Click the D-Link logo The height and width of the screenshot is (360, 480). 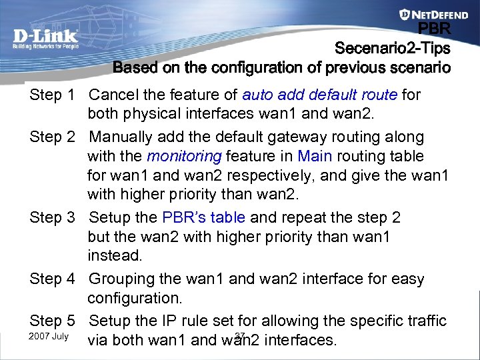45,38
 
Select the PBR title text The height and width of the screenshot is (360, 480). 434,29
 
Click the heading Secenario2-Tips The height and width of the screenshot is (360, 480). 392,49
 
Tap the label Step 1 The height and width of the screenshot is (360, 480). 52,95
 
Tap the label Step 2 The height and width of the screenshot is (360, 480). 52,137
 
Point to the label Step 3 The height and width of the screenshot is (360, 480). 52,218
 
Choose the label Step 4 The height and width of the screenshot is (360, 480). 52,279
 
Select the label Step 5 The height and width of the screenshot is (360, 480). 52,321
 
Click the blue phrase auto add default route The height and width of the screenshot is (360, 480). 319,95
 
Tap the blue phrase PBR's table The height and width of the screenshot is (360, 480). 203,218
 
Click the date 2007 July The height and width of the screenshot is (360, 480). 49,336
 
